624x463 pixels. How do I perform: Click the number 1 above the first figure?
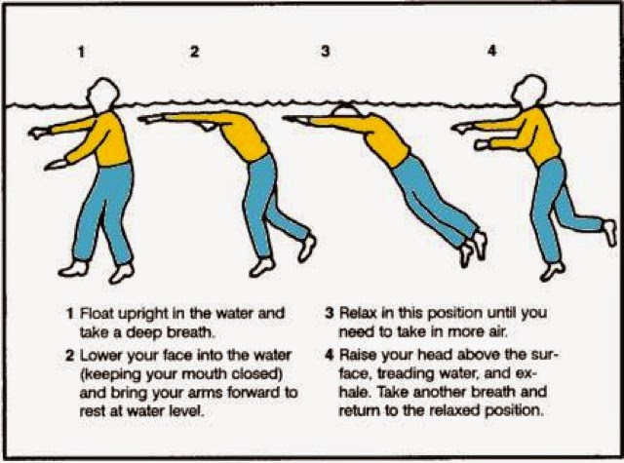point(82,52)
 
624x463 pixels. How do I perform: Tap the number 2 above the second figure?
point(194,52)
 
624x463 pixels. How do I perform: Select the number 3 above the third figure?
point(326,51)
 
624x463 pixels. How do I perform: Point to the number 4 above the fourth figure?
point(492,51)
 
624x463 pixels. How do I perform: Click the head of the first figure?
point(102,94)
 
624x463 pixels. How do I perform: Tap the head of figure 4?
point(529,91)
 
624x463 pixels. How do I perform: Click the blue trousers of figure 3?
point(434,199)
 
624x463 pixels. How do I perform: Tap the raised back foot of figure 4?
point(609,233)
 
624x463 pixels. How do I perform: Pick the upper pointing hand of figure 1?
point(39,133)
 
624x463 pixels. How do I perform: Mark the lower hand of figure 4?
point(482,144)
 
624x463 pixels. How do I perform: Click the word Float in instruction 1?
point(97,313)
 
